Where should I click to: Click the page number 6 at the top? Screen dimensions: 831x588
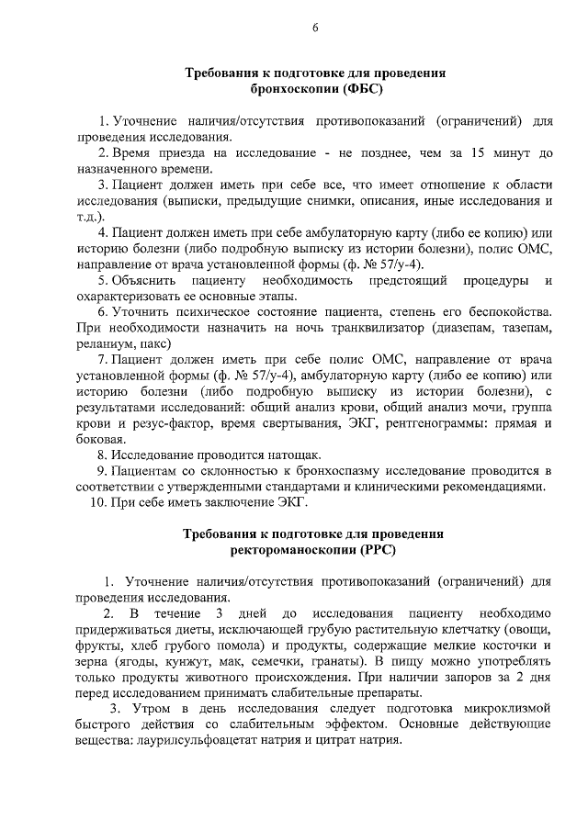[314, 27]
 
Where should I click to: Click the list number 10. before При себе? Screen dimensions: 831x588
[97, 502]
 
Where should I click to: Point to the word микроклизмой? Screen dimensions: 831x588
[507, 709]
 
